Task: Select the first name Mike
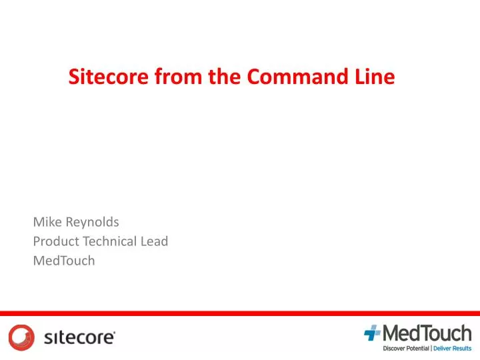pos(46,221)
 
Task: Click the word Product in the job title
pos(56,241)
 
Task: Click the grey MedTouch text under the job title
pos(64,261)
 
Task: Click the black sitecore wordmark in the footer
pos(79,338)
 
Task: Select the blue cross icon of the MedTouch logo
pos(373,333)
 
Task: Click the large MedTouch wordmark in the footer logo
pos(426,333)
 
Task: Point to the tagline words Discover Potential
pos(406,349)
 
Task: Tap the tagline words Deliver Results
pos(453,349)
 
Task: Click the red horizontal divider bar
pos(240,313)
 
